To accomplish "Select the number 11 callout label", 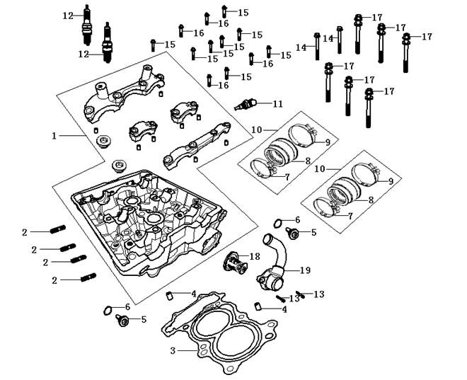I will point(277,104).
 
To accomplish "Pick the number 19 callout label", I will point(306,270).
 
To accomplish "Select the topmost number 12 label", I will point(67,15).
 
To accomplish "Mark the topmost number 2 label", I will point(24,231).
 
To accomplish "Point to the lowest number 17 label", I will point(388,91).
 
